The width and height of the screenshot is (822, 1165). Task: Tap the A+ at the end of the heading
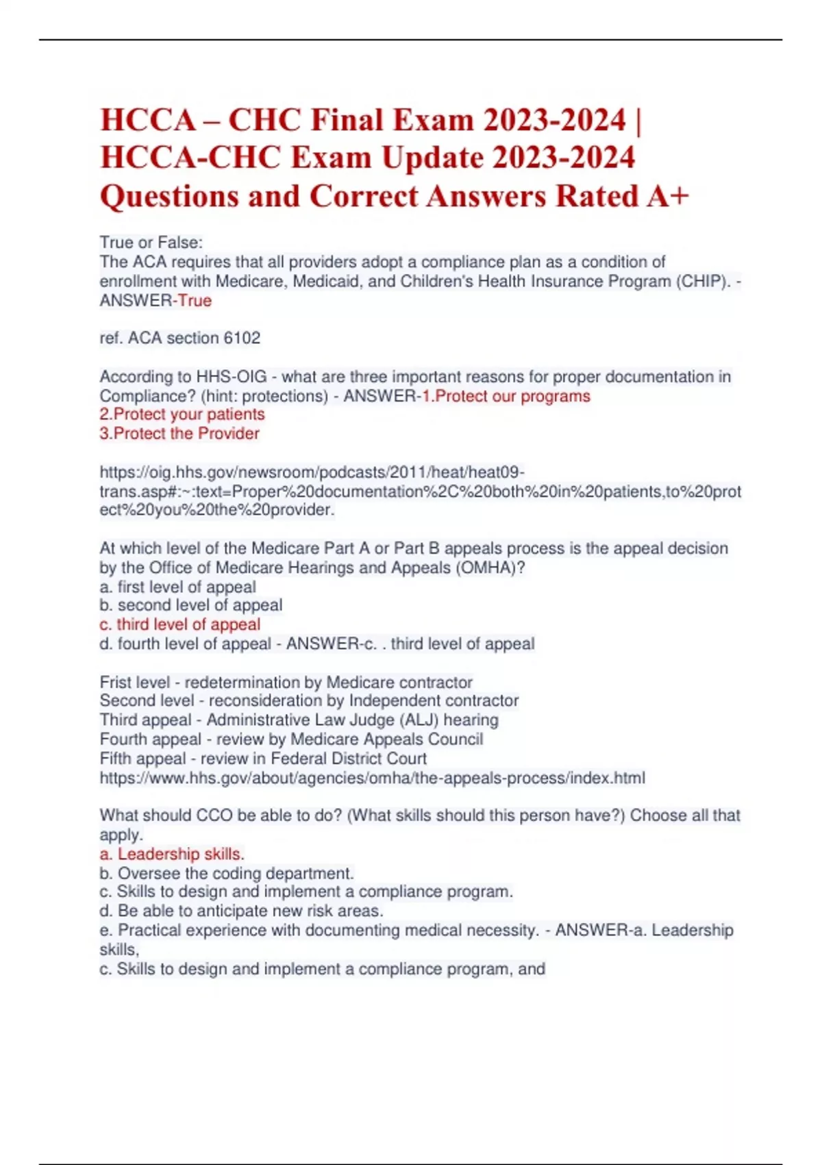[667, 196]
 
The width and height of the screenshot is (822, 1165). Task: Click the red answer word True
[195, 301]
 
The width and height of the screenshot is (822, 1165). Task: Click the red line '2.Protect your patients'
[182, 415]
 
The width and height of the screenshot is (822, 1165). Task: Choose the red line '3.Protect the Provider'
[179, 434]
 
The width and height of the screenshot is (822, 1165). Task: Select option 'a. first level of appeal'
[177, 587]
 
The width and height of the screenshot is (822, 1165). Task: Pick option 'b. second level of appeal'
[190, 606]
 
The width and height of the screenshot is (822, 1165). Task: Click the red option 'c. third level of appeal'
[180, 625]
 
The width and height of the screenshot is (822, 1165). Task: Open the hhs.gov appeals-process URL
[372, 778]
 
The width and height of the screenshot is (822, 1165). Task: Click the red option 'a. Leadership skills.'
[172, 855]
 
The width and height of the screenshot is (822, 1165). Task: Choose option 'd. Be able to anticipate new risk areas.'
[241, 911]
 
